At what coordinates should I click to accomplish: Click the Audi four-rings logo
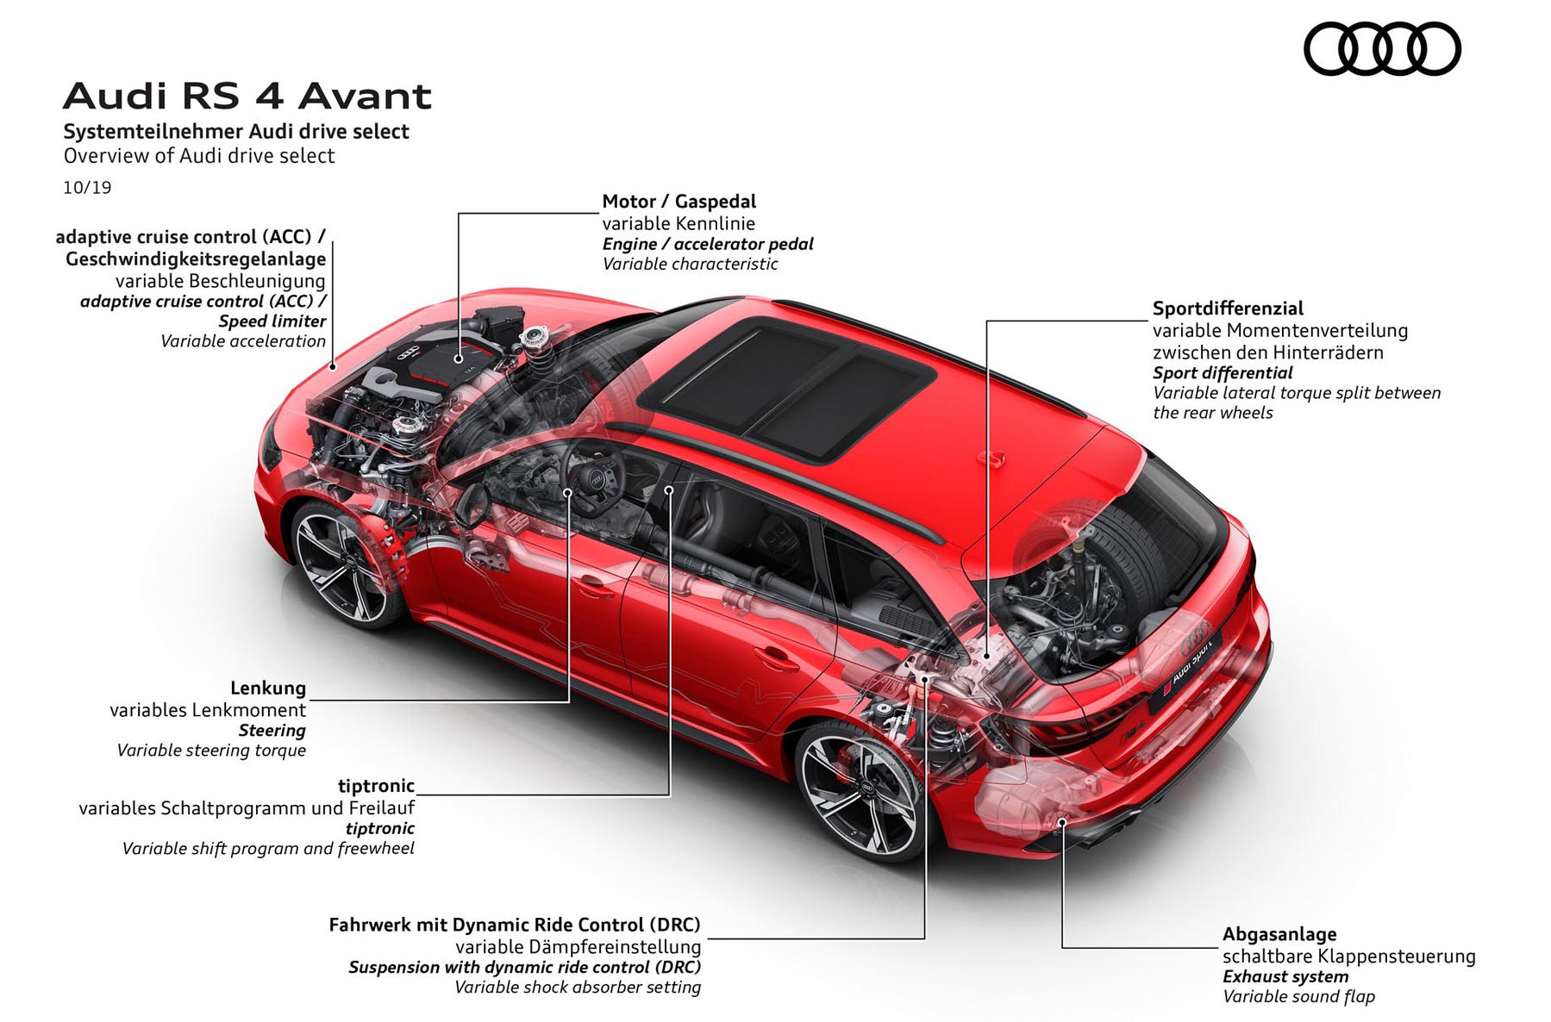pos(1382,48)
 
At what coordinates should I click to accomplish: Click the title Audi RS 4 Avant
pos(247,96)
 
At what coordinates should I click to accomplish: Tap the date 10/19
pos(87,187)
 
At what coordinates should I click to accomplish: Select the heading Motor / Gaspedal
pos(679,202)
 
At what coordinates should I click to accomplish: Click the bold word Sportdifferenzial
pos(1228,308)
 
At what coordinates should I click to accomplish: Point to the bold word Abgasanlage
pos(1279,934)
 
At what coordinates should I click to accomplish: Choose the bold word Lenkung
pos(268,688)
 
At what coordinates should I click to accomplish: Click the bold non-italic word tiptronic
pos(376,786)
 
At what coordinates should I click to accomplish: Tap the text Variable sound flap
pos(1298,996)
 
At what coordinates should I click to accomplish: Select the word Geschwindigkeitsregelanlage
pos(196,259)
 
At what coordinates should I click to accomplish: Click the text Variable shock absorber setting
pos(578,988)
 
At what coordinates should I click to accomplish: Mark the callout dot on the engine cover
pos(459,358)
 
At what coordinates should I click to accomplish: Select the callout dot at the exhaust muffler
pos(1062,822)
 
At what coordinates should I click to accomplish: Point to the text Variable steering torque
pos(211,751)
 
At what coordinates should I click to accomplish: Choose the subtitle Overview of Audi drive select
pos(199,156)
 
